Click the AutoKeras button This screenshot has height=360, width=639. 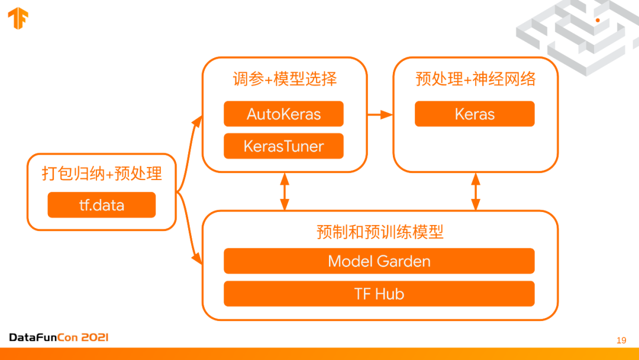coord(283,114)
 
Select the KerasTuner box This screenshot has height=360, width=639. coord(283,146)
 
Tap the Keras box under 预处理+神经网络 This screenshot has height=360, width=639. coord(475,114)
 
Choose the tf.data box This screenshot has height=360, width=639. coord(102,205)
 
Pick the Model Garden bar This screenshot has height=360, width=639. coord(379,261)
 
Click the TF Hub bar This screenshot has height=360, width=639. coord(379,294)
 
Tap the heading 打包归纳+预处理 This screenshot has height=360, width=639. coord(102,173)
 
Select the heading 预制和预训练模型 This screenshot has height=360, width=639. coord(380,232)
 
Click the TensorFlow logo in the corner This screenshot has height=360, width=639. coord(18,18)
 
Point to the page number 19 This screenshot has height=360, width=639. coord(621,340)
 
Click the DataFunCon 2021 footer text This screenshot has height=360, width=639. coord(59,337)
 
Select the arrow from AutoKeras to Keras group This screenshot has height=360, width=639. coord(380,114)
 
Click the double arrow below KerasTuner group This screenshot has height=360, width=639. coord(285,191)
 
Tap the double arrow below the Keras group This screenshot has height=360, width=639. coord(476,191)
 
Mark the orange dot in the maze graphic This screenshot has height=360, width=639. coord(598,20)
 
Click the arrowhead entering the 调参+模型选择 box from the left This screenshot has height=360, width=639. coord(198,120)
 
